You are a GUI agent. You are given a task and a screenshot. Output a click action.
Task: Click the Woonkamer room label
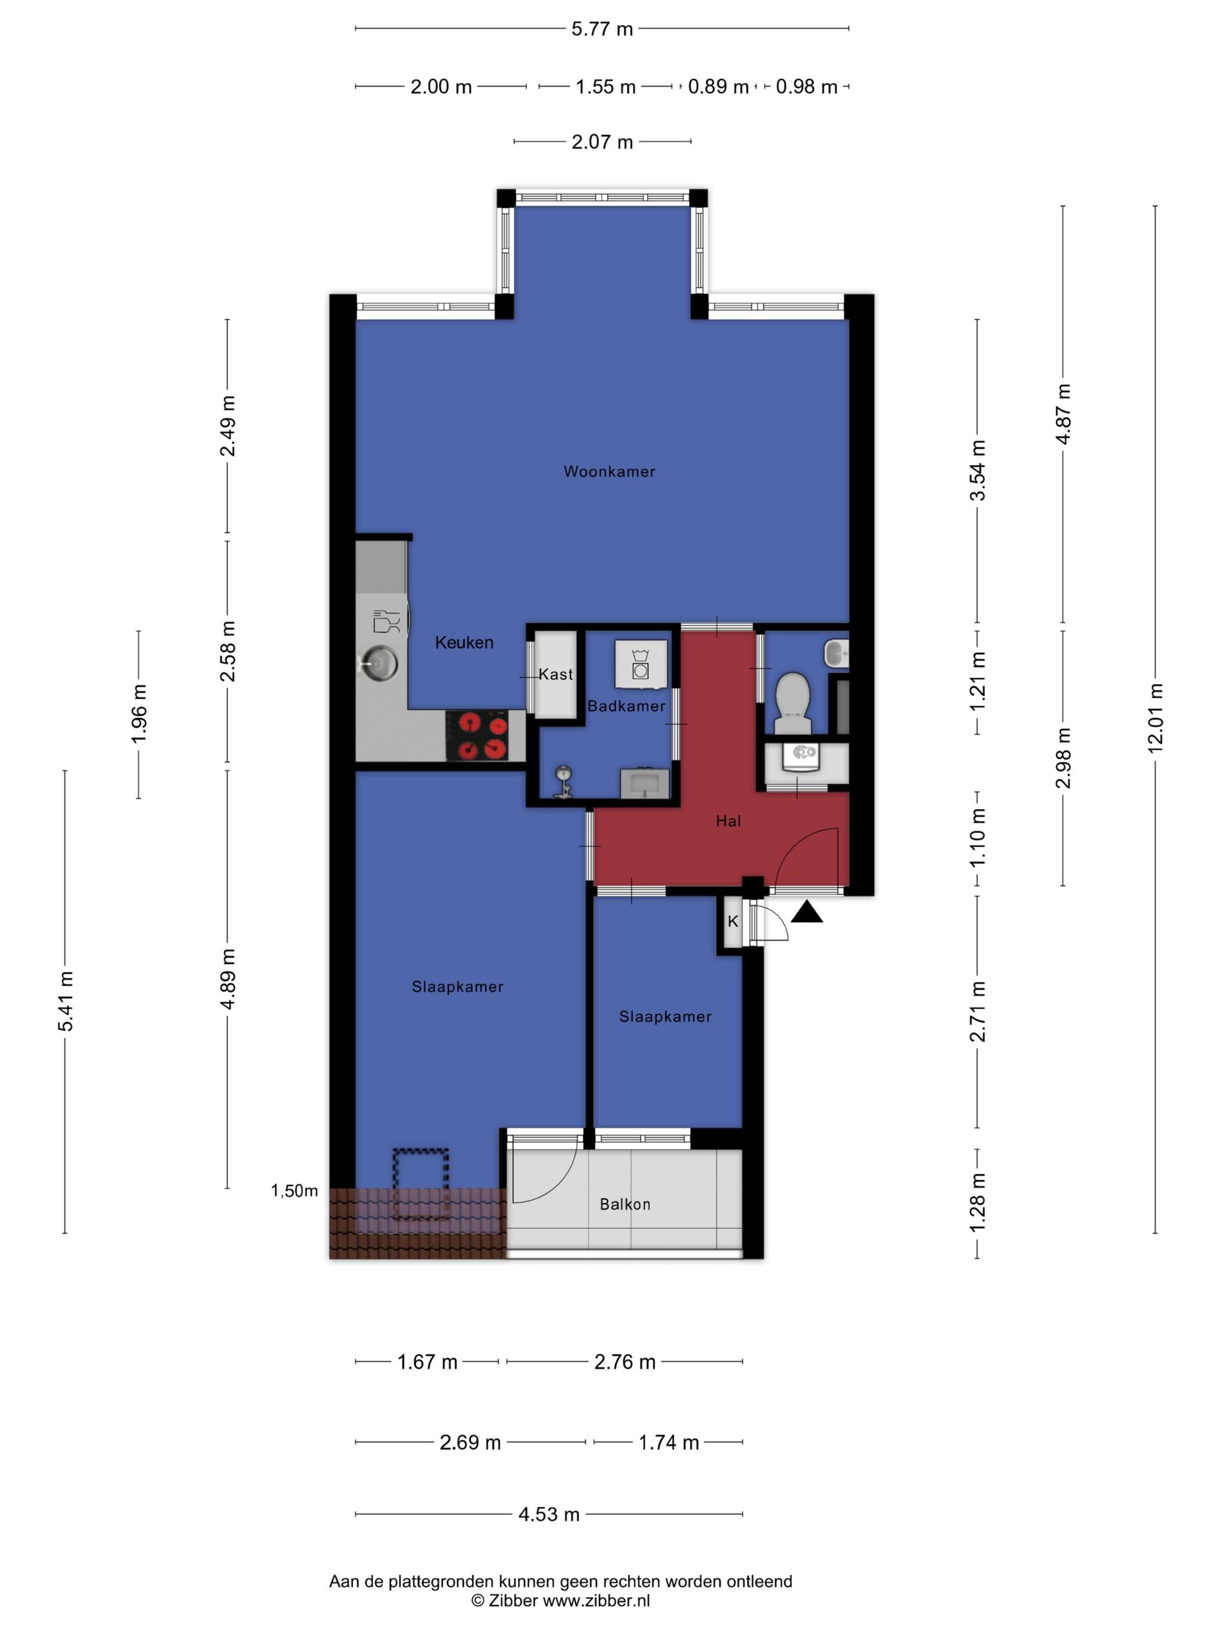(609, 471)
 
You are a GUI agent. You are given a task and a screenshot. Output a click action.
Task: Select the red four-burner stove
(477, 736)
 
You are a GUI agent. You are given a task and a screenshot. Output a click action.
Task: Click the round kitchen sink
(380, 662)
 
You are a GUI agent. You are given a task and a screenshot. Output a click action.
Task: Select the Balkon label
(625, 1204)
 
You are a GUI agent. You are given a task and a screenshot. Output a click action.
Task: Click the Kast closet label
(556, 673)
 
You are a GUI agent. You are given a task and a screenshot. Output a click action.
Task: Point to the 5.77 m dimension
(602, 28)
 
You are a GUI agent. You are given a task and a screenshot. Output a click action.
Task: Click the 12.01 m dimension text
(1154, 717)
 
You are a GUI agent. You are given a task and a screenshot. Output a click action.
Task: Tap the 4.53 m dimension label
(548, 1514)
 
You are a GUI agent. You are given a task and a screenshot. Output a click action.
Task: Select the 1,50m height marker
(294, 1191)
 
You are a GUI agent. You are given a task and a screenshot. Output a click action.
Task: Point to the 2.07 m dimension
(602, 142)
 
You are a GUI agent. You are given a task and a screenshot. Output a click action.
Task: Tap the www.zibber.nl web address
(596, 1600)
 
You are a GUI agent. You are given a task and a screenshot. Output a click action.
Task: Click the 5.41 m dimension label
(66, 1001)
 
